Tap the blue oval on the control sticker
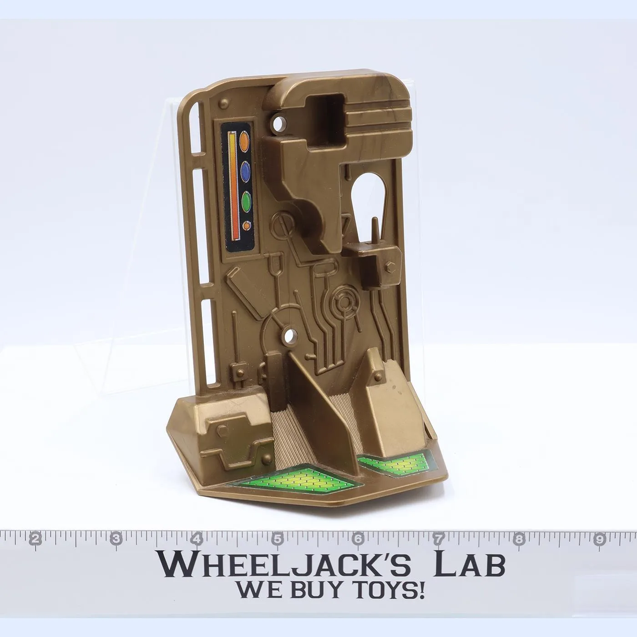[245, 172]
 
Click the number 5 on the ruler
[278, 539]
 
